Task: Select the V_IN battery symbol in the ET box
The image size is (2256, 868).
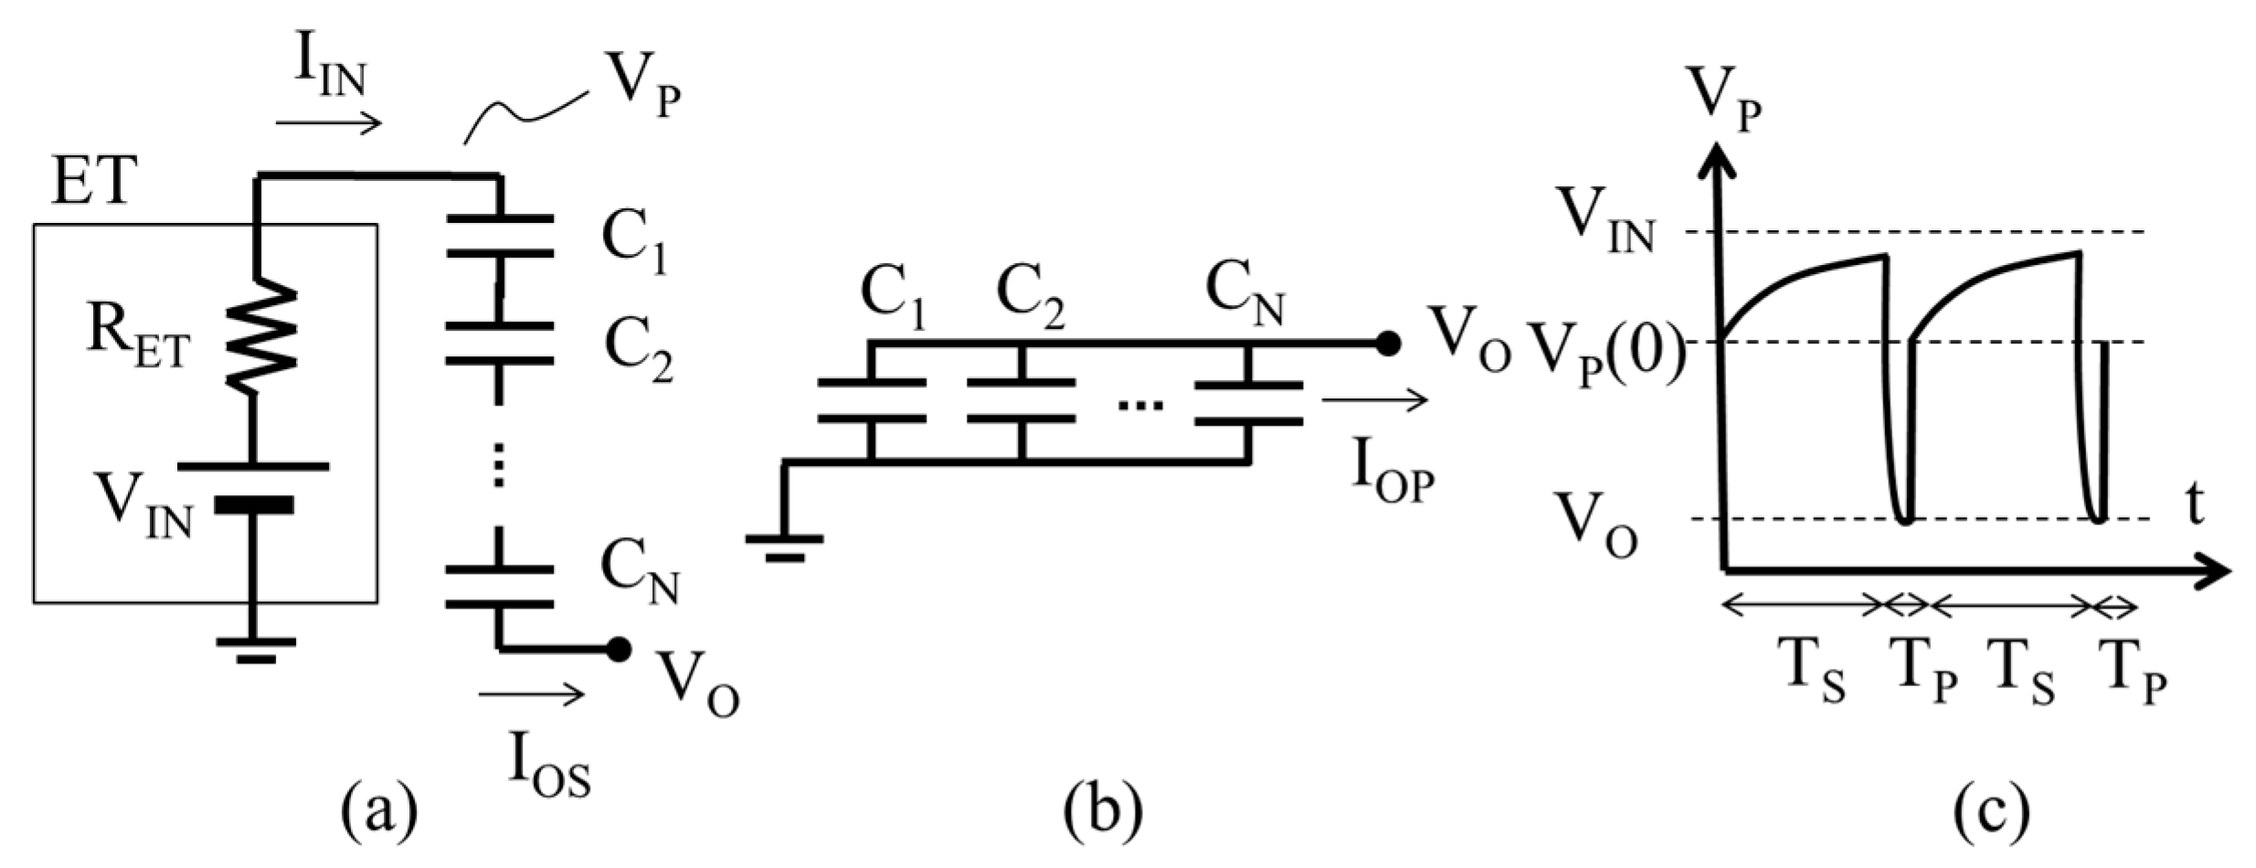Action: (253, 485)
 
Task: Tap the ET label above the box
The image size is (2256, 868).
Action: (93, 181)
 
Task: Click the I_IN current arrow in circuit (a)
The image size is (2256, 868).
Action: (329, 123)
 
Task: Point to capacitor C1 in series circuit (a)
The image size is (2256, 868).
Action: (499, 236)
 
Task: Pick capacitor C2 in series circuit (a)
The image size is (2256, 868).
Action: (499, 343)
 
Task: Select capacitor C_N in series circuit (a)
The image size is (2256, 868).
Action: (499, 587)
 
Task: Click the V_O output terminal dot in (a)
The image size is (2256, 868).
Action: (619, 649)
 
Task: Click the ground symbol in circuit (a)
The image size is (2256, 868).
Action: (256, 647)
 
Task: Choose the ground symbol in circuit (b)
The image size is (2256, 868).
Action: (783, 544)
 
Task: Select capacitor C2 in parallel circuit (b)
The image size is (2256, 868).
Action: (1021, 400)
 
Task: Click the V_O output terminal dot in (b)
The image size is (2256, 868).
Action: (1388, 343)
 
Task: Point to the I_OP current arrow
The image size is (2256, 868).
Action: (1374, 400)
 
